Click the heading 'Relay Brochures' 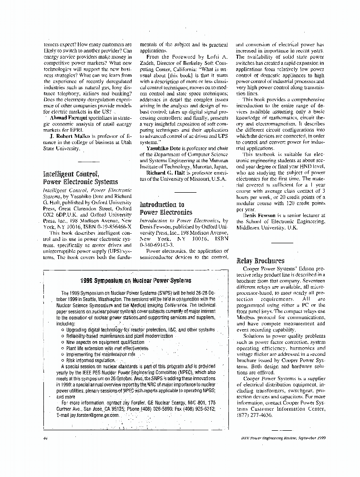click(258, 261)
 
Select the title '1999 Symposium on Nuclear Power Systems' click(136, 280)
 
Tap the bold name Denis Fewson click(261, 215)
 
